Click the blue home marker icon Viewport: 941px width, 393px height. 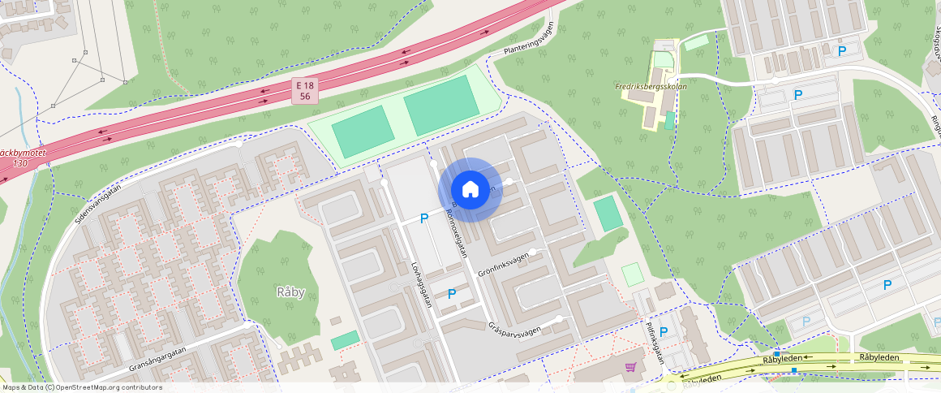[470, 190]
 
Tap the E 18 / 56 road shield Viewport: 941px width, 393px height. [305, 90]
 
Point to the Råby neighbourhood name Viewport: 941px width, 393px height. [290, 292]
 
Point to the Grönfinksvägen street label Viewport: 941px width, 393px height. [503, 266]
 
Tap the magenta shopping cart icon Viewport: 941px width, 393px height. [630, 368]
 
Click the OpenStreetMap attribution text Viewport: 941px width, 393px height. [81, 387]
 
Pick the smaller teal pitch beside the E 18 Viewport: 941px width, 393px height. [363, 132]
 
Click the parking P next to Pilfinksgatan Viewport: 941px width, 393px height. [664, 331]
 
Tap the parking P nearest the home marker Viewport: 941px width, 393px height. [423, 218]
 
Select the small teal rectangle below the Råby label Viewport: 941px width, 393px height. [345, 340]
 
